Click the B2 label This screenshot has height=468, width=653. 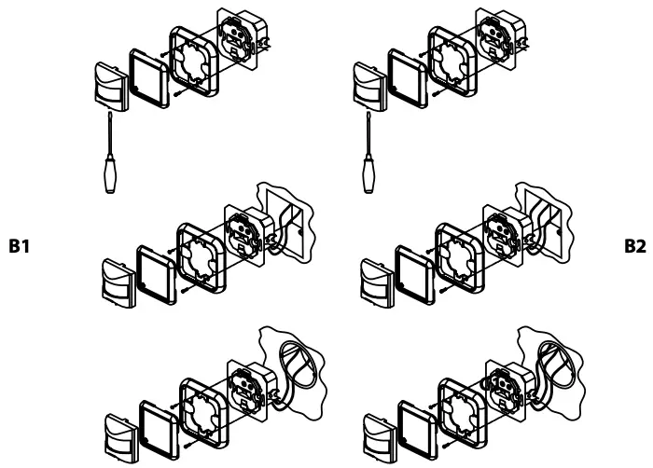tap(634, 250)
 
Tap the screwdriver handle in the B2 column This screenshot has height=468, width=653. tap(368, 176)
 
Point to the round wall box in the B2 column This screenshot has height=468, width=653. tap(558, 358)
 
